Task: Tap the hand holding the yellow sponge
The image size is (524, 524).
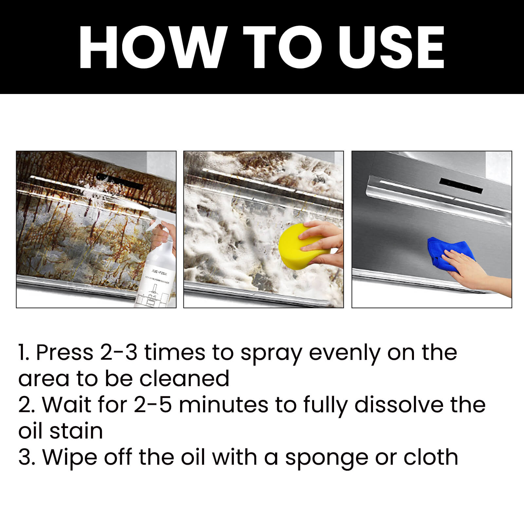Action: pos(323,241)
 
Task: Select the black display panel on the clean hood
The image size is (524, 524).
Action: pos(461,185)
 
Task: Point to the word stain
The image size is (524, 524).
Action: pos(76,431)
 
